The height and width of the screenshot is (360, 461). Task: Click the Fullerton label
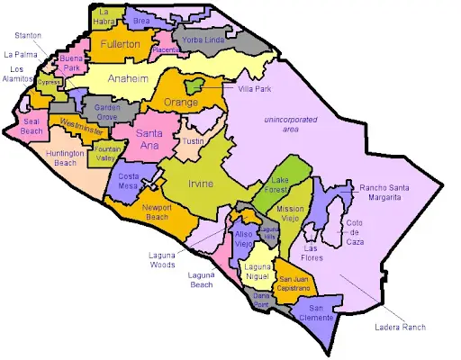pyautogui.click(x=120, y=44)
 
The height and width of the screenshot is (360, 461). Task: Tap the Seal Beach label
pyautogui.click(x=32, y=126)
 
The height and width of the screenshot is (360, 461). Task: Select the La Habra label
pyautogui.click(x=107, y=15)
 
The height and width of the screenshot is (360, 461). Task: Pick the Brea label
pyautogui.click(x=141, y=20)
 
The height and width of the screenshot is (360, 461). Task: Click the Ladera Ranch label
pyautogui.click(x=402, y=328)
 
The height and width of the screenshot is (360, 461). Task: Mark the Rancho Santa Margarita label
pyautogui.click(x=397, y=193)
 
